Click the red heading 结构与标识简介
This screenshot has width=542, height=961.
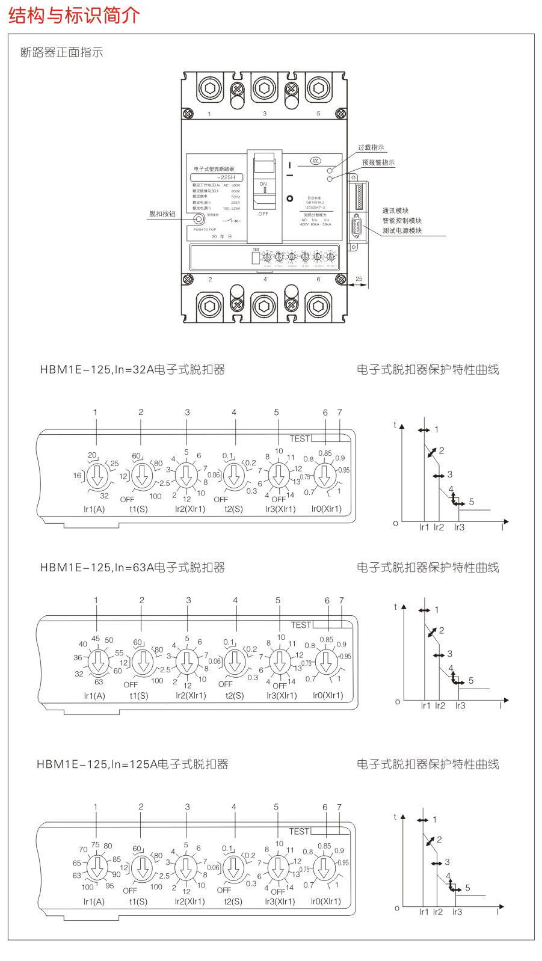tap(74, 16)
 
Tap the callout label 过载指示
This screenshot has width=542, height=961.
tap(371, 148)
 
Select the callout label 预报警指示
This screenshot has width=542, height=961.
tap(378, 162)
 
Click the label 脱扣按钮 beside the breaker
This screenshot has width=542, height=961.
tap(162, 213)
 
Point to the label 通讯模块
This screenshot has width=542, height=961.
tap(395, 210)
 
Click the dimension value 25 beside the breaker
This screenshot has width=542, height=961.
tap(359, 279)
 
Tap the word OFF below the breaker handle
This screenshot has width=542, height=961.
tap(263, 214)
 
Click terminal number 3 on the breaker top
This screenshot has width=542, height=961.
tap(265, 114)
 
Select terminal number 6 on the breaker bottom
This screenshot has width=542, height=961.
tap(318, 280)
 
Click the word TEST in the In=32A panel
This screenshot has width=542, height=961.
tap(300, 438)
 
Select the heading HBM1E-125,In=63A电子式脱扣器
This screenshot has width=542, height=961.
tap(132, 567)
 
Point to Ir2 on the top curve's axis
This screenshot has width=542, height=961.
tap(439, 527)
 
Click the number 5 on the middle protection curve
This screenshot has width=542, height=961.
tap(471, 681)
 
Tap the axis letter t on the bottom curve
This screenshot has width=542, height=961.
tap(395, 816)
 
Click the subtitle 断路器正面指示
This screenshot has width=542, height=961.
tap(62, 52)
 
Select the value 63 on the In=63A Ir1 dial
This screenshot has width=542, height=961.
tap(99, 682)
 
